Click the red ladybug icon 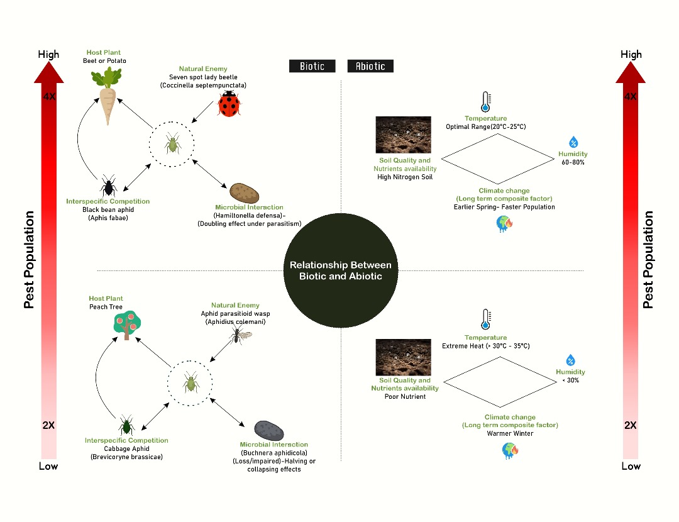229,104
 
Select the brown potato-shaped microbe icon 241,192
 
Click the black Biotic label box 312,66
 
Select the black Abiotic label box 370,66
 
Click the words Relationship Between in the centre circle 340,265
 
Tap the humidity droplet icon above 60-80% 573,142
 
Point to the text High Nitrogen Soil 405,177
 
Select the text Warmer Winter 510,433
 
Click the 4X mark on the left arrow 48,97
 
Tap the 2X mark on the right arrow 631,426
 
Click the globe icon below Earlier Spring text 504,224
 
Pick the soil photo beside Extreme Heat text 403,357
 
